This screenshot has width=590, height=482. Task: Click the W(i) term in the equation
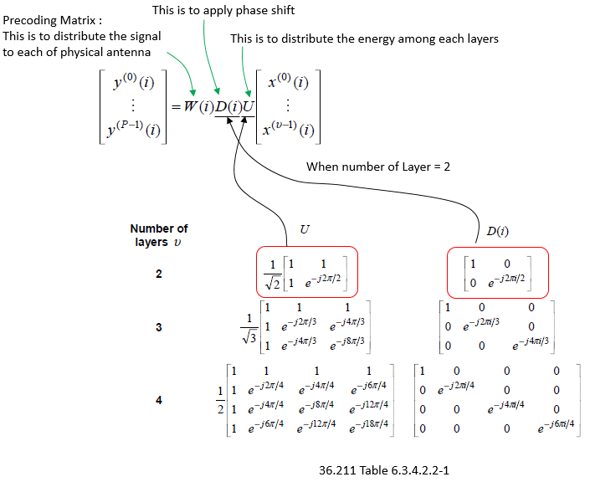[198, 107]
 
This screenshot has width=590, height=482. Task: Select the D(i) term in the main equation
[228, 107]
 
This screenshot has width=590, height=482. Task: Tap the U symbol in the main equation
[249, 107]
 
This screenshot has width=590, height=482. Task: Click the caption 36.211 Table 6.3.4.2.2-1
[384, 470]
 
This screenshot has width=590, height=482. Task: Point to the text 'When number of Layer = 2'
[378, 167]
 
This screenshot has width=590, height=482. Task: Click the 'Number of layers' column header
[159, 235]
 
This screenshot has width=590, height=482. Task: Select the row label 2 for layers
[159, 274]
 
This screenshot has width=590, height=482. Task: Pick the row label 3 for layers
[159, 327]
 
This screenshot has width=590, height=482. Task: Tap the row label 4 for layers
[159, 400]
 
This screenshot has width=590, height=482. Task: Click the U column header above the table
[305, 229]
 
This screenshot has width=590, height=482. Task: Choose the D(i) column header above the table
[497, 231]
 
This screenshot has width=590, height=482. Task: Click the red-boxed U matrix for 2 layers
[307, 272]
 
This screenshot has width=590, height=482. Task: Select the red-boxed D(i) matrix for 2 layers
[498, 273]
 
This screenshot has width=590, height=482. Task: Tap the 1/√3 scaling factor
[249, 329]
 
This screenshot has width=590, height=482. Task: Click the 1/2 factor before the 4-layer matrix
[220, 400]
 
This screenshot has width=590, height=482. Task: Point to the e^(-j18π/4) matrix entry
[369, 426]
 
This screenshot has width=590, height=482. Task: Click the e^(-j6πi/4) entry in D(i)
[556, 426]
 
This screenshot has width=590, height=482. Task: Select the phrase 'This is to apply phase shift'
[223, 10]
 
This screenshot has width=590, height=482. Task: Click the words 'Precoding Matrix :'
[52, 20]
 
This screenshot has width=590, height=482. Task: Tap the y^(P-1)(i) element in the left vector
[134, 129]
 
